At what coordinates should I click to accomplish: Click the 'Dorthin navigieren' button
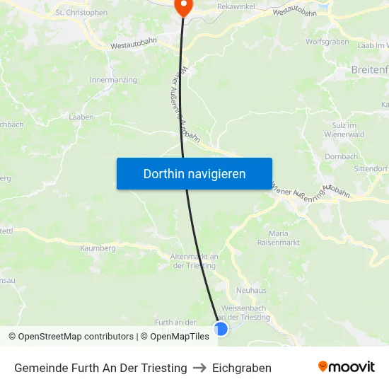(x=194, y=173)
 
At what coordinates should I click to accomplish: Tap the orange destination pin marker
(x=183, y=6)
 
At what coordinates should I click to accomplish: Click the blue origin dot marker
(x=221, y=329)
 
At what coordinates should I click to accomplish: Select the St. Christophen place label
(x=81, y=12)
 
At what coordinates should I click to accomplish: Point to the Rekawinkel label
(x=237, y=6)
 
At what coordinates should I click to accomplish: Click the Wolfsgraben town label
(x=327, y=42)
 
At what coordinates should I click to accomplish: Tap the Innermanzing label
(x=113, y=80)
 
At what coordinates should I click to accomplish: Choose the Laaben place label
(x=81, y=117)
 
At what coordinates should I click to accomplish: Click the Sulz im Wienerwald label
(x=343, y=129)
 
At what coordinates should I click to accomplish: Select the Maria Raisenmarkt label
(x=279, y=238)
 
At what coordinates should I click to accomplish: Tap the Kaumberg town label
(x=98, y=248)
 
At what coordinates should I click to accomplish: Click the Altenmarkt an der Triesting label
(x=194, y=261)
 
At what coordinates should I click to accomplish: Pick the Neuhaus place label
(x=251, y=290)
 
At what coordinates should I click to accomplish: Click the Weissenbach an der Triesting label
(x=245, y=313)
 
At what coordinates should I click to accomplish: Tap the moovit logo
(x=347, y=367)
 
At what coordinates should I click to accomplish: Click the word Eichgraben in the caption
(x=242, y=368)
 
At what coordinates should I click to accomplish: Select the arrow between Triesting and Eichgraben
(x=199, y=368)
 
